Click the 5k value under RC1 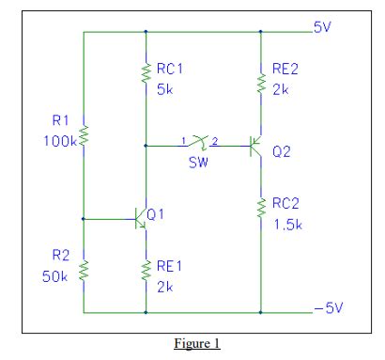(x=165, y=89)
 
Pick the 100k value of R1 (x=59, y=140)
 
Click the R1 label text (x=61, y=120)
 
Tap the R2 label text (x=60, y=255)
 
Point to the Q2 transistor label (x=281, y=151)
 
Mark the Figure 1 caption (x=192, y=343)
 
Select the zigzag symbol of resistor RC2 (x=260, y=212)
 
